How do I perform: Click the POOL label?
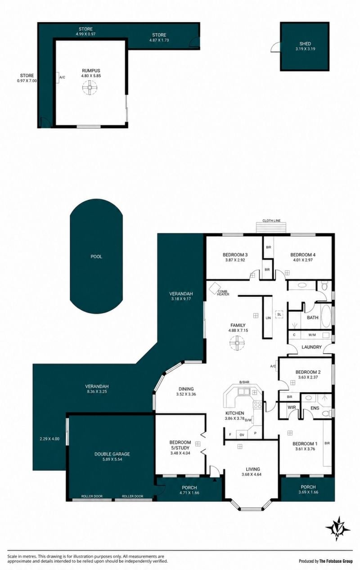[x=96, y=256]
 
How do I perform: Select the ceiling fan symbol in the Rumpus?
[x=90, y=88]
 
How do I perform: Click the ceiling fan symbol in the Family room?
[x=237, y=343]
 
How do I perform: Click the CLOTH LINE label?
[x=271, y=220]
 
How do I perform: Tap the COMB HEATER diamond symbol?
[x=215, y=287]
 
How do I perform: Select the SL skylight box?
[x=279, y=314]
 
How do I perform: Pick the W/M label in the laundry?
[x=312, y=335]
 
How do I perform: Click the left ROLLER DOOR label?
[x=92, y=496]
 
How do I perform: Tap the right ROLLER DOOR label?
[x=132, y=496]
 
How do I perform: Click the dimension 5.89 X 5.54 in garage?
[x=112, y=459]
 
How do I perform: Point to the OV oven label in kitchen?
[x=242, y=435]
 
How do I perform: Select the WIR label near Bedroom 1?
[x=292, y=408]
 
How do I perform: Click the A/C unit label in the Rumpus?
[x=62, y=77]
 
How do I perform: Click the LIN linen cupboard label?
[x=268, y=318]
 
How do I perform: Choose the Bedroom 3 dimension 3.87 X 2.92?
[x=235, y=260]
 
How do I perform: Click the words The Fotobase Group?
[x=336, y=561]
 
